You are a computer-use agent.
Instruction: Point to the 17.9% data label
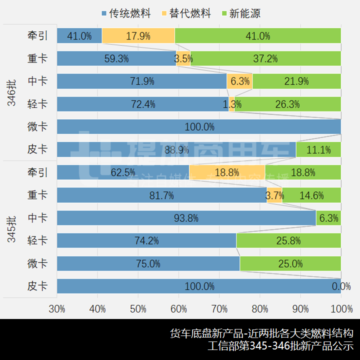(x=138, y=36)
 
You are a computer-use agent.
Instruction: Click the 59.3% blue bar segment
(x=116, y=58)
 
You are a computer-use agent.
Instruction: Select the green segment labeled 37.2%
(x=265, y=58)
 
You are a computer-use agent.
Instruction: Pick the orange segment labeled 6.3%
(x=239, y=81)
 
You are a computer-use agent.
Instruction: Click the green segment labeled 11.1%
(x=318, y=149)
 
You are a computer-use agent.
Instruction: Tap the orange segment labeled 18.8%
(x=227, y=172)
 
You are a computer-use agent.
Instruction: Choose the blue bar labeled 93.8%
(x=186, y=218)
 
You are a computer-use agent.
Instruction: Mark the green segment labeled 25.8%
(x=288, y=241)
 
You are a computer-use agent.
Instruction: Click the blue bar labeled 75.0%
(x=148, y=263)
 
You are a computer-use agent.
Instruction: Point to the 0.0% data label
(x=341, y=286)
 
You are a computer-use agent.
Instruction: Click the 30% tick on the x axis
(x=57, y=309)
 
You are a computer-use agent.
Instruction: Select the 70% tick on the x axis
(x=219, y=309)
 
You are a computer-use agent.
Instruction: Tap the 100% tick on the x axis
(x=340, y=309)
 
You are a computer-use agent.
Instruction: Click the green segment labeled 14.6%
(x=311, y=195)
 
